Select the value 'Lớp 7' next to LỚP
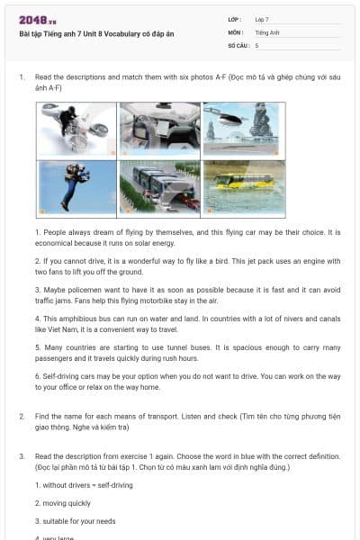point(262,19)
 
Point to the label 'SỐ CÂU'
point(237,44)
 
